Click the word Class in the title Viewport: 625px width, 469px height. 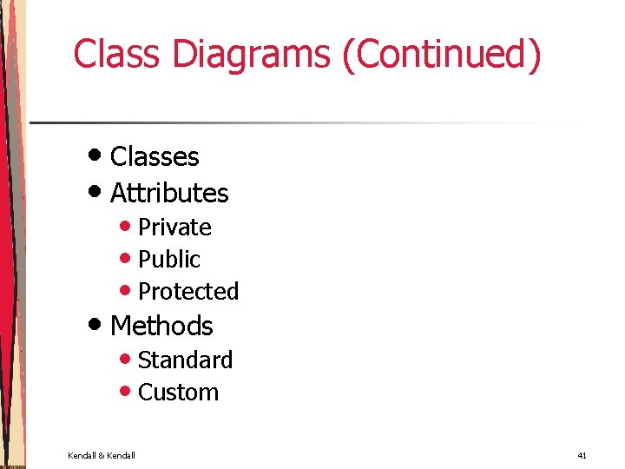(118, 54)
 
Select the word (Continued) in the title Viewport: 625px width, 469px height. (442, 54)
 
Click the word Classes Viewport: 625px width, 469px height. (155, 157)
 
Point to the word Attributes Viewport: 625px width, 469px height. (169, 193)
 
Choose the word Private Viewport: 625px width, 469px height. (174, 228)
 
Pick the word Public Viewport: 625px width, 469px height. (169, 260)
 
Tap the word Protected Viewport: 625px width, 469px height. (188, 292)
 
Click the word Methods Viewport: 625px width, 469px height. (161, 327)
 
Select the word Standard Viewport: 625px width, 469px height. (185, 360)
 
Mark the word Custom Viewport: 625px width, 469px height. (178, 393)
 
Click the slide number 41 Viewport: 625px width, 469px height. (582, 455)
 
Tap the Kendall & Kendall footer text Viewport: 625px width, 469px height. (102, 455)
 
